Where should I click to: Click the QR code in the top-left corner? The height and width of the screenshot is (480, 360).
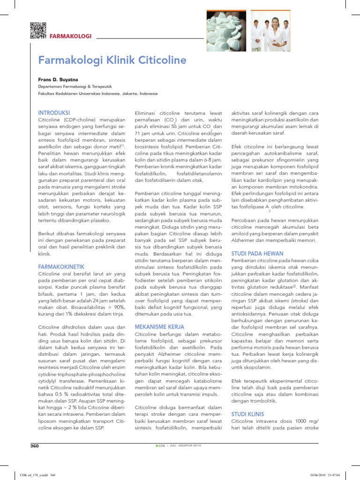tap(38, 30)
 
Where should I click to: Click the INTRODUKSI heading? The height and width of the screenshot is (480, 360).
tap(54, 113)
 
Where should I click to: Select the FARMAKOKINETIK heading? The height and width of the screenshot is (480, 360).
tap(61, 266)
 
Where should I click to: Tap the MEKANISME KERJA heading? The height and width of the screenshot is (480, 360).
tap(159, 326)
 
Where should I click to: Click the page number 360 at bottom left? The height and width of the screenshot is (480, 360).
tap(34, 446)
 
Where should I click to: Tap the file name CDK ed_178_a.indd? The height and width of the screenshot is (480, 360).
tap(28, 474)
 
